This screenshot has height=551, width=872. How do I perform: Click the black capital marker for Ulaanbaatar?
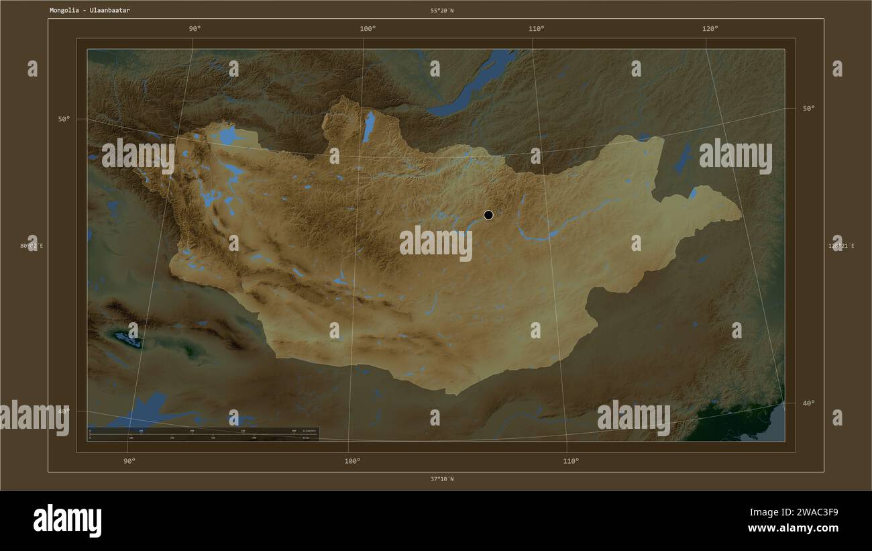coord(488,215)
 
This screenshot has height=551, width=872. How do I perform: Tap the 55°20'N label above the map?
coord(442,11)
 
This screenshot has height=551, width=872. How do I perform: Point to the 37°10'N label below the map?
coord(442,479)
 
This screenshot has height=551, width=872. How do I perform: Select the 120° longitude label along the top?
coord(710,28)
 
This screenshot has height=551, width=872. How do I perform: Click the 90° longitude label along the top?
coord(195,28)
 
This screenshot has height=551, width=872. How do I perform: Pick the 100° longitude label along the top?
coord(368,28)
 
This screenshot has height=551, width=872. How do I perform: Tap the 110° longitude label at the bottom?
coord(571,461)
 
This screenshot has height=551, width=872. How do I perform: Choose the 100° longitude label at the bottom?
coord(352,461)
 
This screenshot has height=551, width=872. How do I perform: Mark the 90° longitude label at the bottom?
coord(129,461)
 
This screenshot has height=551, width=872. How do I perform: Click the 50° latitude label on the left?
coord(64,119)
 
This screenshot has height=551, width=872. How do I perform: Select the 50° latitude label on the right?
coord(808,108)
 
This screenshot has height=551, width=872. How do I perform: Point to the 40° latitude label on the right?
coord(808,403)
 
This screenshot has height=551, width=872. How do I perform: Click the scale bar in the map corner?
coord(203,434)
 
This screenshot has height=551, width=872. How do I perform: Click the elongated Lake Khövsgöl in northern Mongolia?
coord(368,126)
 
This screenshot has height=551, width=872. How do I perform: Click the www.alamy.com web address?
coord(793,528)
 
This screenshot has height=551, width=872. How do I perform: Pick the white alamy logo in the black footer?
coord(67,521)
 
